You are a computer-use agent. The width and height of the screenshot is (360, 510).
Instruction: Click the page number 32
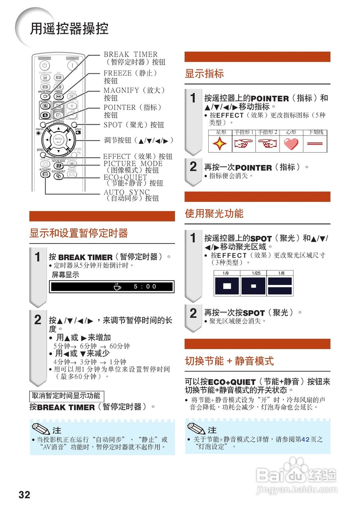click(x=24, y=495)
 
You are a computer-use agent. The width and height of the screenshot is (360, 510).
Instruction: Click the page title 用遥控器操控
click(x=69, y=29)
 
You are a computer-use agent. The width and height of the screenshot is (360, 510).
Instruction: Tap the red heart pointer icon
click(x=291, y=144)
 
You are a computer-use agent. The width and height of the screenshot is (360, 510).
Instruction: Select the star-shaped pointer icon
click(x=220, y=144)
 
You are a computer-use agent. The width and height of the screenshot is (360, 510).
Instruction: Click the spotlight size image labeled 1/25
click(x=253, y=286)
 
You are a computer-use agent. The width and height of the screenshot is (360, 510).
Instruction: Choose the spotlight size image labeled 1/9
click(x=227, y=286)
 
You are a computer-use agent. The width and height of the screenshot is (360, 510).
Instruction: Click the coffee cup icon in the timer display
click(x=117, y=286)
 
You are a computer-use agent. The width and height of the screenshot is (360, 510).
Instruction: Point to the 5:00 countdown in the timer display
click(x=145, y=286)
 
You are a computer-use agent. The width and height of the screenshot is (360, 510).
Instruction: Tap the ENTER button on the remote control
click(x=59, y=140)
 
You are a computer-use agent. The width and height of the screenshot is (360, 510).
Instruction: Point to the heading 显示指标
click(x=204, y=74)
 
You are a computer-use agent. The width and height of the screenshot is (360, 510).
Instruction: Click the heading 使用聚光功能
click(x=214, y=214)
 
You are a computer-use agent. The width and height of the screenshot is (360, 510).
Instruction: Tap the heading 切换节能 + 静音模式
click(x=229, y=361)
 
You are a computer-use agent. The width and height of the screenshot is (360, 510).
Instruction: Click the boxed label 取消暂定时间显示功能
click(x=66, y=396)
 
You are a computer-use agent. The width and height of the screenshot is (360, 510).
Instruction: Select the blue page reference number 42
click(x=305, y=439)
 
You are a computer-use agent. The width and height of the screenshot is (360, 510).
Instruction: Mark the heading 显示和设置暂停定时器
click(x=78, y=233)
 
